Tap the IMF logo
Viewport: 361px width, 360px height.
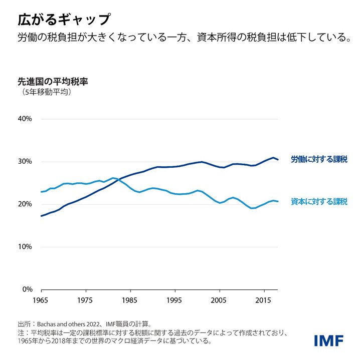point(328,340)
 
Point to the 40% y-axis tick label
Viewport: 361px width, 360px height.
point(25,119)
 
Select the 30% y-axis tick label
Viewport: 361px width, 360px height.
point(25,162)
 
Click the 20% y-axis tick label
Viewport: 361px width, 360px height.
point(25,204)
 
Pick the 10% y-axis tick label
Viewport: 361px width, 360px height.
point(25,247)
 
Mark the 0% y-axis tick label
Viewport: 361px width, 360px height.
point(27,289)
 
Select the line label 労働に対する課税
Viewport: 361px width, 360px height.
point(319,160)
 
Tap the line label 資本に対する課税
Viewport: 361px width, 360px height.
point(319,202)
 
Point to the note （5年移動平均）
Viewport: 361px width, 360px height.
point(46,92)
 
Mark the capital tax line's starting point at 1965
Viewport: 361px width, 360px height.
point(41,192)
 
